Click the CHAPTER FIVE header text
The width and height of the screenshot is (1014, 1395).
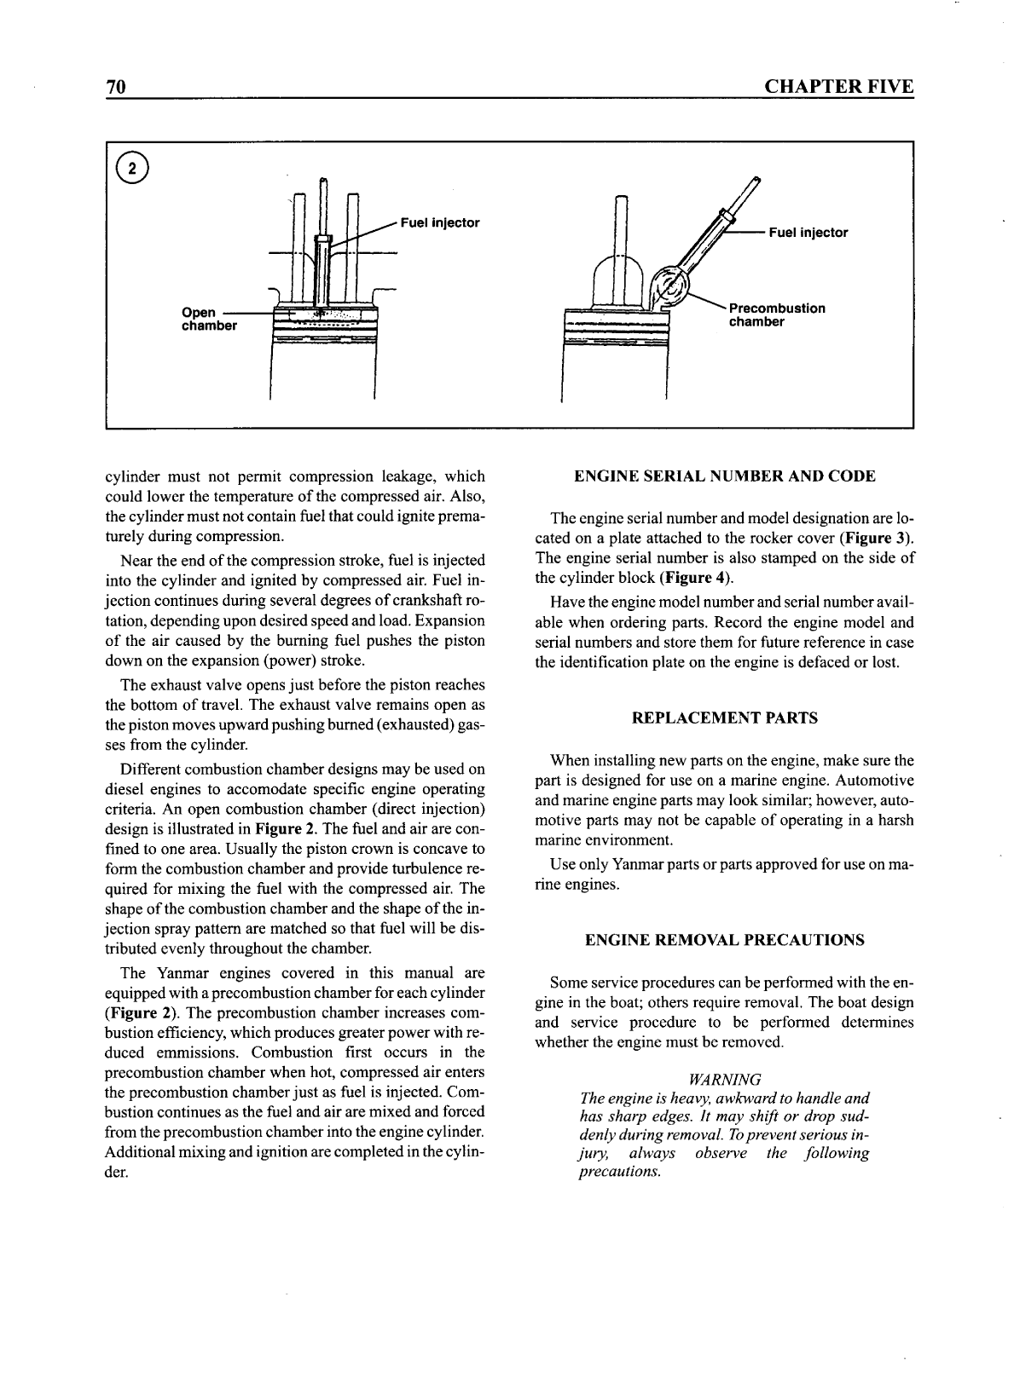[x=838, y=87]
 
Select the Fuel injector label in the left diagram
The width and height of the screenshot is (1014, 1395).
[x=440, y=223]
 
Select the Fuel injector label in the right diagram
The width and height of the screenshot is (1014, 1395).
[x=808, y=233]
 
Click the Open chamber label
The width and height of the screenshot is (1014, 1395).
[x=208, y=319]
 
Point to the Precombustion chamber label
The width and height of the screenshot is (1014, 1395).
[x=776, y=314]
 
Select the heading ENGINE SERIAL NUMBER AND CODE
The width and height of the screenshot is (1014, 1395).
[x=724, y=476]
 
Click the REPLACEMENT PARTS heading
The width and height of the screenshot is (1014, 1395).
[x=724, y=718]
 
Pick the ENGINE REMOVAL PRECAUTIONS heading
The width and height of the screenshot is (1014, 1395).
[x=724, y=940]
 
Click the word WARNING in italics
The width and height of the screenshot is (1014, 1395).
[x=724, y=1079]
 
